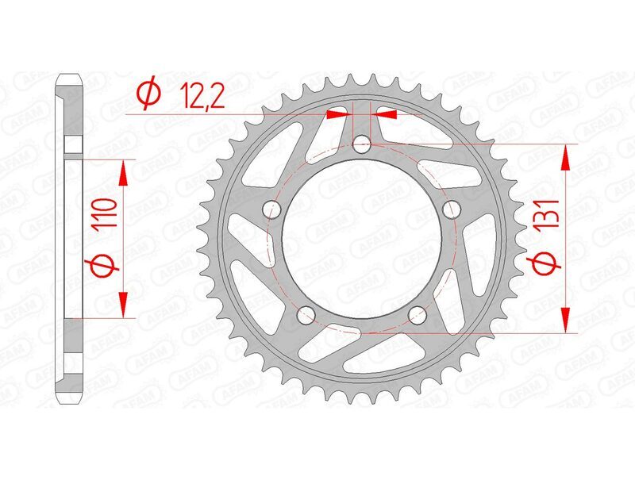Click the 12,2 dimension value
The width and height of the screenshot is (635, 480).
(x=193, y=95)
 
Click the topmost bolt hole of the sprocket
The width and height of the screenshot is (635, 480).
(x=362, y=144)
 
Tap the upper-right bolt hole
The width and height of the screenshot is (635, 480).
(x=452, y=209)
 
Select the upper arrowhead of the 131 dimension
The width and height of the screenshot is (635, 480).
(x=565, y=157)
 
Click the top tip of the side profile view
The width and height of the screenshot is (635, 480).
(x=70, y=76)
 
